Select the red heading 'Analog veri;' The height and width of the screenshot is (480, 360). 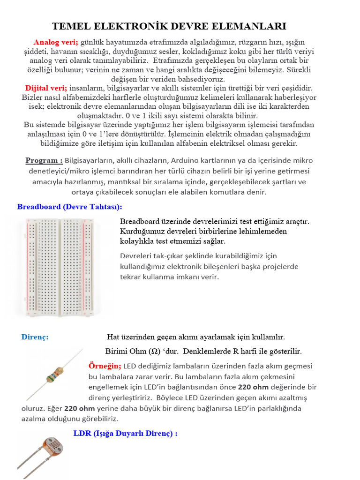(x=56, y=42)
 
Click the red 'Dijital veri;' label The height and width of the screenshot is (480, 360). (x=46, y=88)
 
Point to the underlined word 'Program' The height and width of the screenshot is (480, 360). (x=44, y=161)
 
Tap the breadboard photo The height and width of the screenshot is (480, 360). (x=58, y=268)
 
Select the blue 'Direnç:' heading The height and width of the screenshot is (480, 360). (x=35, y=337)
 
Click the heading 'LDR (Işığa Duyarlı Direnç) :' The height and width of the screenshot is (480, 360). (x=125, y=434)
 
